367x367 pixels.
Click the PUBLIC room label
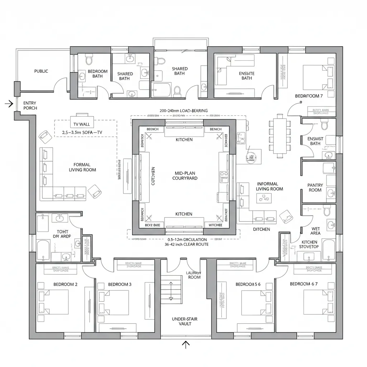(41, 71)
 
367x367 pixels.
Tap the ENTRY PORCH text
(30, 105)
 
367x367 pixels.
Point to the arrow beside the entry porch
(9, 104)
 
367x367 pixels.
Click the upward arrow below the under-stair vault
(186, 344)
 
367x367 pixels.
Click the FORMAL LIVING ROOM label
(82, 167)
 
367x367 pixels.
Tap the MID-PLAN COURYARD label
(185, 175)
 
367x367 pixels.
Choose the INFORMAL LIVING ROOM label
(270, 186)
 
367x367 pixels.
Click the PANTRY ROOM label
(315, 187)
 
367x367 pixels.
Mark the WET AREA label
(316, 230)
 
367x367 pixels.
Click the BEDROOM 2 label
(65, 284)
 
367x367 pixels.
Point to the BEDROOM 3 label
(120, 284)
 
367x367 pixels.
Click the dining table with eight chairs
(279, 136)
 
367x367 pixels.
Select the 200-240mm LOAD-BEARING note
(183, 111)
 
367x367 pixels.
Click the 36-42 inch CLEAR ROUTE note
(187, 245)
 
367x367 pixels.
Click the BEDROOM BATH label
(97, 73)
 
